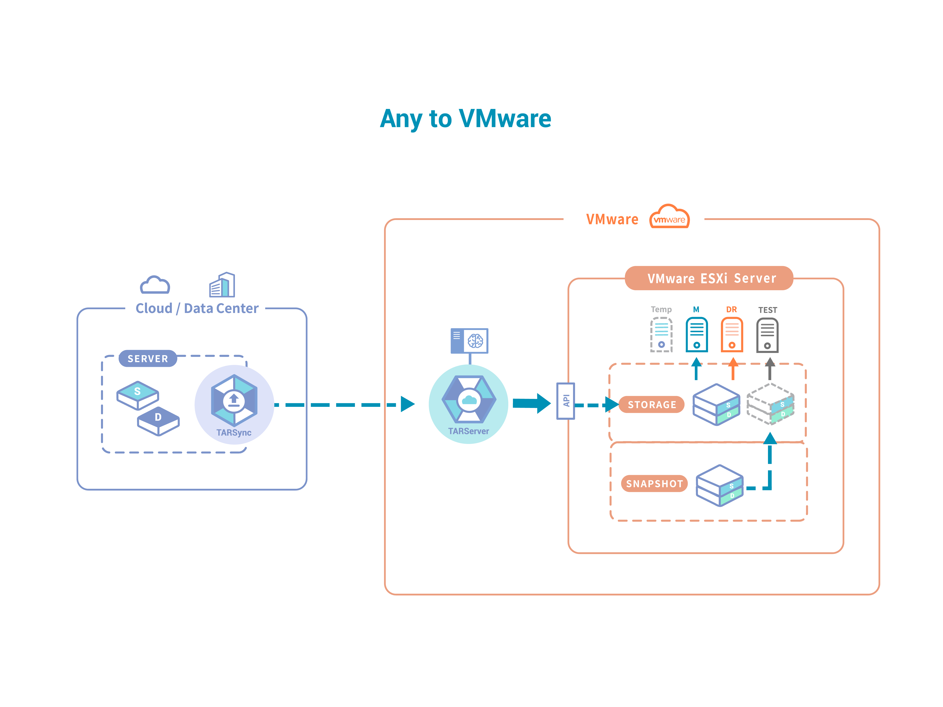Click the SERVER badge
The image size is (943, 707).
point(147,358)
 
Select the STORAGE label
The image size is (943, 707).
point(652,404)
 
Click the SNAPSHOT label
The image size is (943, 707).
point(654,484)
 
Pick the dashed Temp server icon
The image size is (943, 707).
point(661,335)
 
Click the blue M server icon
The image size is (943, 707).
point(697,335)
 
